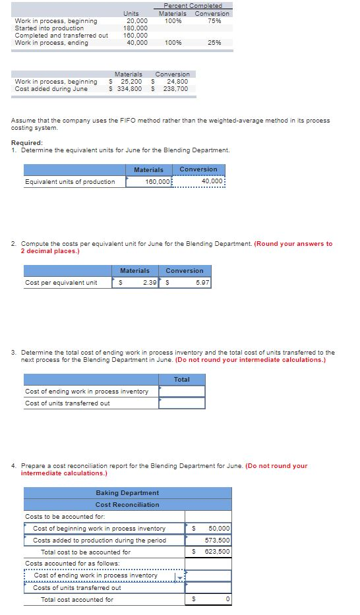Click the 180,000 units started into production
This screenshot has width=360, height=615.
coord(135,28)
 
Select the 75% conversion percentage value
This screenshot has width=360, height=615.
coord(214,21)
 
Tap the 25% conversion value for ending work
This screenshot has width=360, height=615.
coord(214,43)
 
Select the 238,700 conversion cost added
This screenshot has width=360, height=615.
coord(175,89)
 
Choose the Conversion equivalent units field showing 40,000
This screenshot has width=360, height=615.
coord(198,182)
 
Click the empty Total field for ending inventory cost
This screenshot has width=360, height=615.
coord(182,392)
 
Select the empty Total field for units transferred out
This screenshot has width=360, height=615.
coord(182,403)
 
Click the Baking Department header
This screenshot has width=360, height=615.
coord(127,493)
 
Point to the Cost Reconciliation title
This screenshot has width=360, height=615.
coord(127,505)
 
